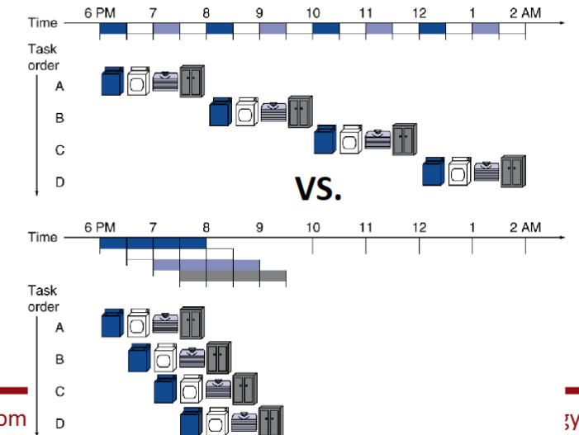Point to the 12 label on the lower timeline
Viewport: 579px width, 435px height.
pyautogui.click(x=420, y=227)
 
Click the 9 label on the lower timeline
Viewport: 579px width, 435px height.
pyautogui.click(x=259, y=227)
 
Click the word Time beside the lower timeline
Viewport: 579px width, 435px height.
pyautogui.click(x=43, y=238)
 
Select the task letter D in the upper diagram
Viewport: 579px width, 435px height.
pyautogui.click(x=59, y=182)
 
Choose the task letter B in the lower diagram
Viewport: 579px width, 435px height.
pyautogui.click(x=59, y=359)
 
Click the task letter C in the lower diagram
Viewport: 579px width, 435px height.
pyautogui.click(x=59, y=392)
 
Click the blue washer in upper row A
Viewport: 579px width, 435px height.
pyautogui.click(x=112, y=82)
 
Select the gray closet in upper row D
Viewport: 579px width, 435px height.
pyautogui.click(x=512, y=171)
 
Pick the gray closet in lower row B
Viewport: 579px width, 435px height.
pyautogui.click(x=219, y=357)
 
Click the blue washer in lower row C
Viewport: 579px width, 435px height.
pyautogui.click(x=166, y=389)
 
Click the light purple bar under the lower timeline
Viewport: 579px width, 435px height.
pyautogui.click(x=206, y=265)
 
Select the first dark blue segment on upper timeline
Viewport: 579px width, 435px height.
pyautogui.click(x=113, y=29)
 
